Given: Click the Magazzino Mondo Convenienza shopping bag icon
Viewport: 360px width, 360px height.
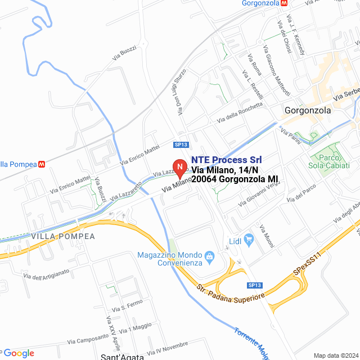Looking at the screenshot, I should tap(210, 257).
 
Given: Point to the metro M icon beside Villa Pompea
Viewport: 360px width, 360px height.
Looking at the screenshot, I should tap(42, 164).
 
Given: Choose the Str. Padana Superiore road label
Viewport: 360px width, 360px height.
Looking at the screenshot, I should tap(231, 292).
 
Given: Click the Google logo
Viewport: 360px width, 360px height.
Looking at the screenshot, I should tap(19, 353).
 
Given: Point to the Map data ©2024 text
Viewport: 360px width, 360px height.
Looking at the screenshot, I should tap(335, 355).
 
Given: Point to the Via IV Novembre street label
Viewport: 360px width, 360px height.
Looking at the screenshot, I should tap(168, 348).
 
